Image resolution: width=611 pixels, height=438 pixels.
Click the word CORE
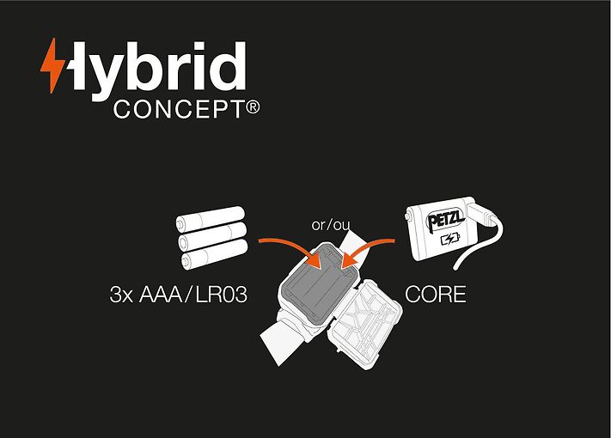[x=435, y=295]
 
